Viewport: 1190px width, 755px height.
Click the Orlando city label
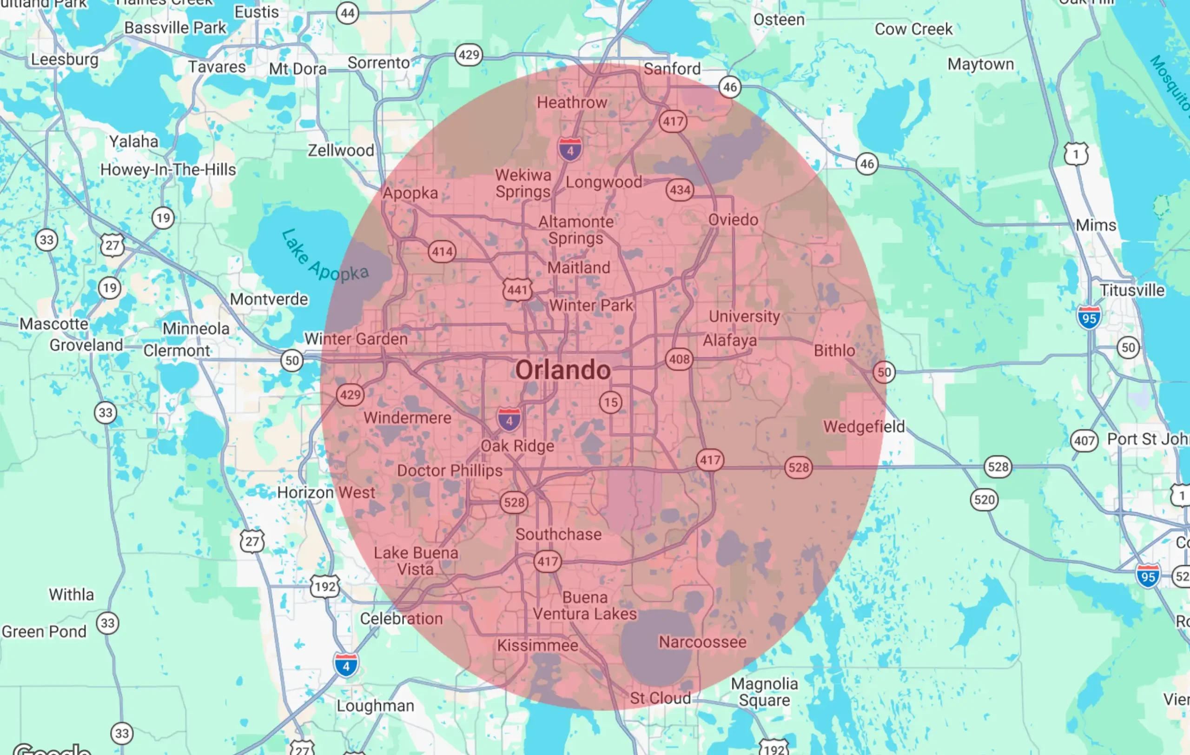click(x=563, y=370)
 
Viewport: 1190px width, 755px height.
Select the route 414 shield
click(x=442, y=252)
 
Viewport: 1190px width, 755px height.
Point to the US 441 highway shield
click(x=517, y=290)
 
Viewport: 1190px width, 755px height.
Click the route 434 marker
click(x=680, y=190)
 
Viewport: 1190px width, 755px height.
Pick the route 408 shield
click(x=679, y=359)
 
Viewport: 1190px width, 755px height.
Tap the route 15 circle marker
click(x=611, y=402)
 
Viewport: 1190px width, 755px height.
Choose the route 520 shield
click(x=984, y=500)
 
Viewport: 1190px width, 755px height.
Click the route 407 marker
click(x=1084, y=440)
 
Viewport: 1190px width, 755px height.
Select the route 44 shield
click(x=347, y=13)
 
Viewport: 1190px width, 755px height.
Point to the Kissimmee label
click(x=538, y=645)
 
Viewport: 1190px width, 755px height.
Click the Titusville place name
click(x=1132, y=290)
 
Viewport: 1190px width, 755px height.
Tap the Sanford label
click(x=672, y=69)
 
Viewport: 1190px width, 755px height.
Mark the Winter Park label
click(x=591, y=305)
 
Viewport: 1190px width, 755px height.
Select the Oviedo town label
click(x=733, y=220)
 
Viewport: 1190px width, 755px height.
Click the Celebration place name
click(x=401, y=619)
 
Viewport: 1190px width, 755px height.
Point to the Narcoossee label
click(x=702, y=642)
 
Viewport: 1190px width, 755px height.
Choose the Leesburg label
click(x=65, y=60)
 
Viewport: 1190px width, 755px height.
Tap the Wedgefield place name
click(x=864, y=426)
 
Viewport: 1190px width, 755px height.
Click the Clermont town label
click(x=177, y=351)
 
